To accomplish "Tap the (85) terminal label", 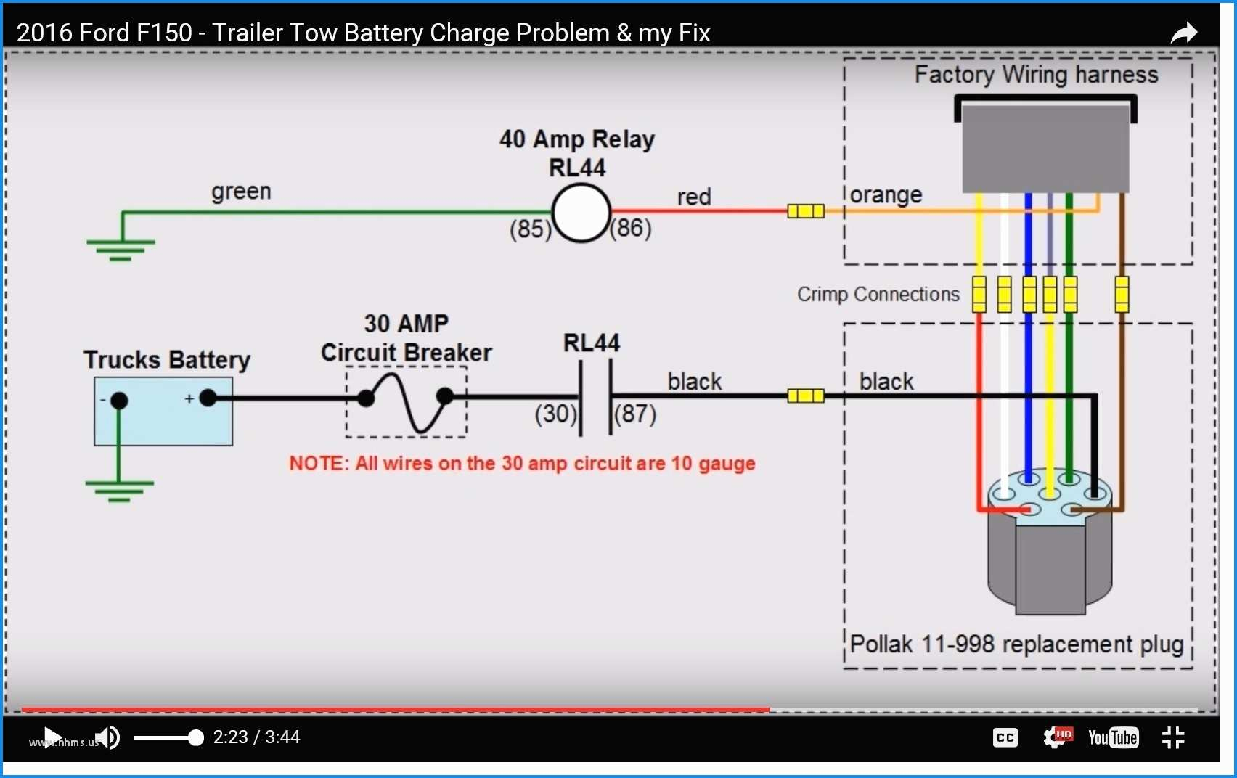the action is point(530,229).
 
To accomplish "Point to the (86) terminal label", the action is point(630,228).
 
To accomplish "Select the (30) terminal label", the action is point(555,414).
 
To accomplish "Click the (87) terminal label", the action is point(635,414).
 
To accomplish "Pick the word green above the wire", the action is point(241,192).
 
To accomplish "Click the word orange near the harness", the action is point(886,195).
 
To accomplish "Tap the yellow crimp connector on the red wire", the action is point(806,211).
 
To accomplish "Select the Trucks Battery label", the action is point(167,360).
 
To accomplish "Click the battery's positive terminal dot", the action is point(208,398).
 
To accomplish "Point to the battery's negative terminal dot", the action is point(119,401).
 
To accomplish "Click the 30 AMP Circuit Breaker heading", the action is point(407,338).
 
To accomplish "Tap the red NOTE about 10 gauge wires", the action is point(523,463).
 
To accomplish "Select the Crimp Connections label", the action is point(878,295).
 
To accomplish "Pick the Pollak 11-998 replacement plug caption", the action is point(1016,644).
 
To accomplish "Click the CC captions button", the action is point(1005,737).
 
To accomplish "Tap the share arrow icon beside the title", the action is point(1183,33).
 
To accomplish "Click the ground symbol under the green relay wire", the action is point(121,250).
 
